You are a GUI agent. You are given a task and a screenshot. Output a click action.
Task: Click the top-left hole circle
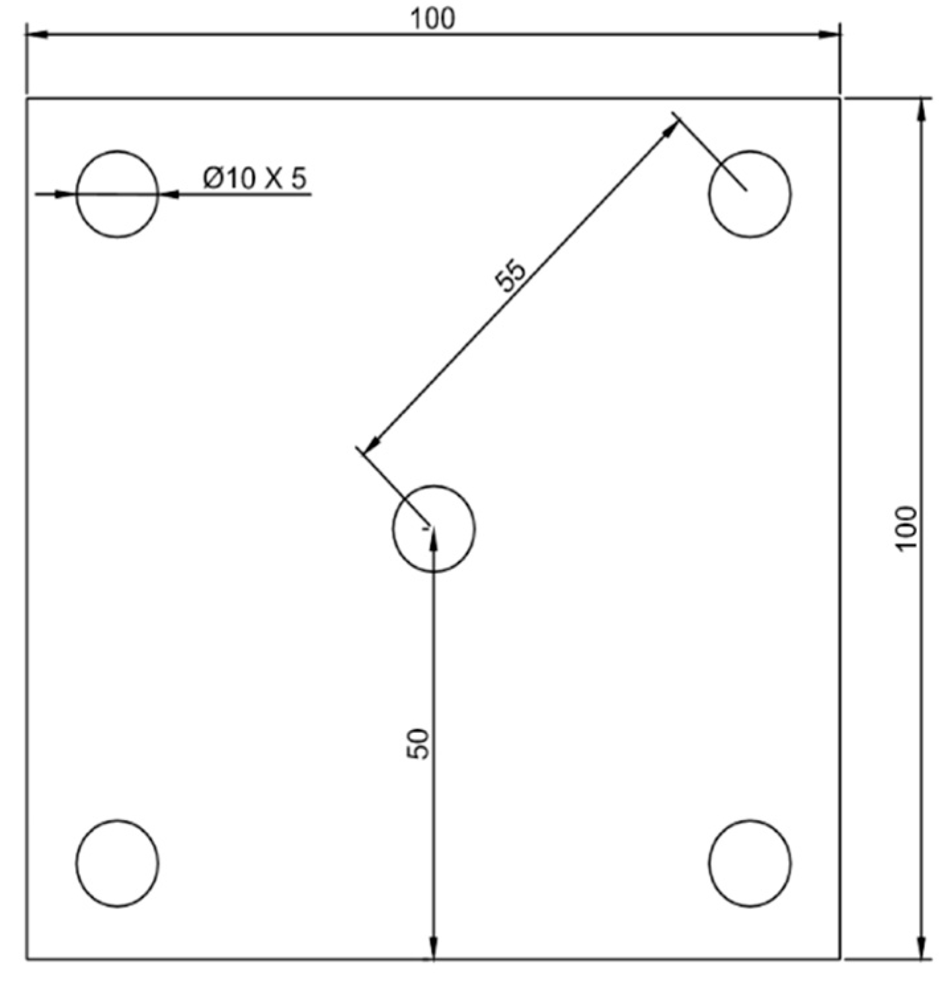[117, 194]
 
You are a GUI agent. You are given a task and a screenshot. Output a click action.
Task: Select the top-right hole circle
[749, 194]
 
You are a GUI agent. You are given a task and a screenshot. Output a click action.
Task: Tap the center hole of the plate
[433, 528]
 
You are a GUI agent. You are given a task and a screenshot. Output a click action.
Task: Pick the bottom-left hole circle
[117, 862]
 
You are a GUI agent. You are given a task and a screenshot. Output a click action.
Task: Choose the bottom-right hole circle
[749, 862]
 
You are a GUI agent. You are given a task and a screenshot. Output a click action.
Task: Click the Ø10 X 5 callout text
[255, 179]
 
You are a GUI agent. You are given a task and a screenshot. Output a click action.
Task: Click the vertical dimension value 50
[418, 743]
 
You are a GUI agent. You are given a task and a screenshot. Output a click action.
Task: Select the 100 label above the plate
[433, 19]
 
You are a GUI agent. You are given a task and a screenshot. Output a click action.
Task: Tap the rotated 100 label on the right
[906, 528]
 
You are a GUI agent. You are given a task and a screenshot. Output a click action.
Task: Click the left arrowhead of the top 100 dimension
[37, 34]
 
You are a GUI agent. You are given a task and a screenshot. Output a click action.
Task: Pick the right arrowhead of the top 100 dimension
[829, 34]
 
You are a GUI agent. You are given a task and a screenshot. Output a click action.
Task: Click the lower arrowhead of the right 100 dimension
[922, 947]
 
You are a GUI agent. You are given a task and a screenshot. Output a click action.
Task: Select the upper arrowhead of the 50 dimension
[433, 540]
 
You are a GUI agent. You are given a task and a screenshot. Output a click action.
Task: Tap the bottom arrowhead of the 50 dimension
[433, 948]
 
